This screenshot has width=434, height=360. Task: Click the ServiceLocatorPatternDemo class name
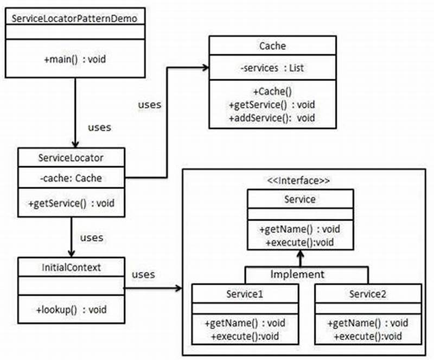coord(75,17)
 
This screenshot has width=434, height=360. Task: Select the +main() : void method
coord(75,58)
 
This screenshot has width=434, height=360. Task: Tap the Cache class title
coord(273,46)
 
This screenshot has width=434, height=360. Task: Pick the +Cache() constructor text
coord(272,92)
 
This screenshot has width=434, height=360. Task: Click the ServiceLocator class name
coord(71,158)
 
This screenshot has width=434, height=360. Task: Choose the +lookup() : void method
coord(71,310)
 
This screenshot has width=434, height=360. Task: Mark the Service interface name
coord(300,199)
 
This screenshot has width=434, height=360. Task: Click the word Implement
coord(297,274)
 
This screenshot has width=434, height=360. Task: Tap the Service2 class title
coord(367,294)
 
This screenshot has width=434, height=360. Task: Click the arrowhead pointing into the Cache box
coord(206,67)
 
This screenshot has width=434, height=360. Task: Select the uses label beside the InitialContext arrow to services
coord(143,274)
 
